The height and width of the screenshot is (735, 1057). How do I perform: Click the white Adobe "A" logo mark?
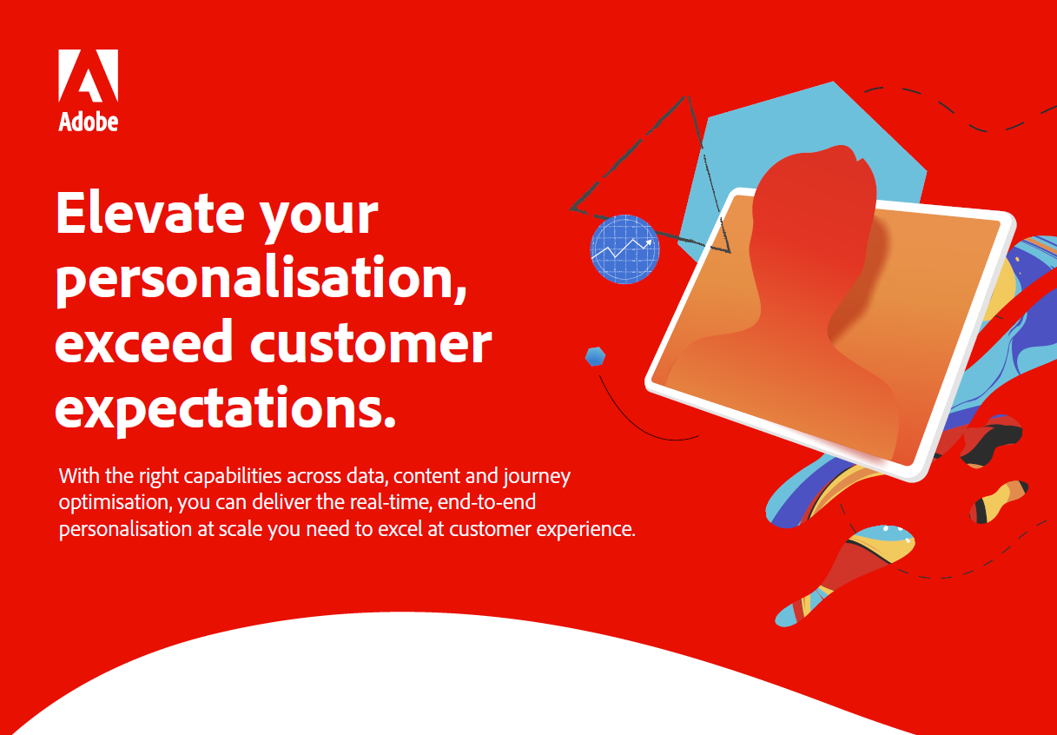(x=89, y=76)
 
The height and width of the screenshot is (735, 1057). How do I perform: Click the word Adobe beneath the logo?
(x=89, y=122)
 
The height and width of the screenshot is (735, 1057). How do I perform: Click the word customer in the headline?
(x=371, y=342)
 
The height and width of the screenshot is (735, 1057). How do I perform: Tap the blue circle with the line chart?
(x=624, y=249)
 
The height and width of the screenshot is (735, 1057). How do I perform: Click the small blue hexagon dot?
(x=595, y=356)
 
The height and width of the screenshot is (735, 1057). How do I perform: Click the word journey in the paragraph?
(x=537, y=477)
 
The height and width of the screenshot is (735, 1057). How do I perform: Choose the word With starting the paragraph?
(x=79, y=475)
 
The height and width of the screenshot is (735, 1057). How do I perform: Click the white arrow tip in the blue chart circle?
(x=650, y=242)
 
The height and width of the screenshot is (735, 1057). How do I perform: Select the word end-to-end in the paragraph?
(x=486, y=502)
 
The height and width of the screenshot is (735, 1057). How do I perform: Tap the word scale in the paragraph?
(x=241, y=529)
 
